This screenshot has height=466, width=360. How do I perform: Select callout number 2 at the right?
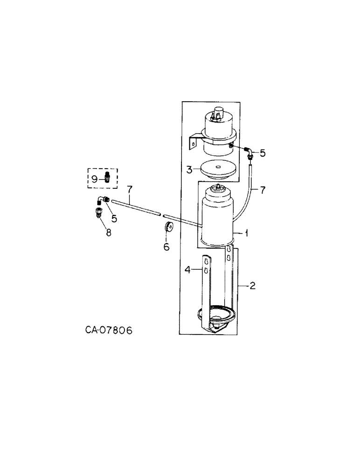point(252,285)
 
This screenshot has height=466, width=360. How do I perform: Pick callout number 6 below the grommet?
point(166,247)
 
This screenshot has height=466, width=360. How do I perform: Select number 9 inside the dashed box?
point(94,178)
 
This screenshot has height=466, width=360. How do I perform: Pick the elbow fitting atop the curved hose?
point(250,151)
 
